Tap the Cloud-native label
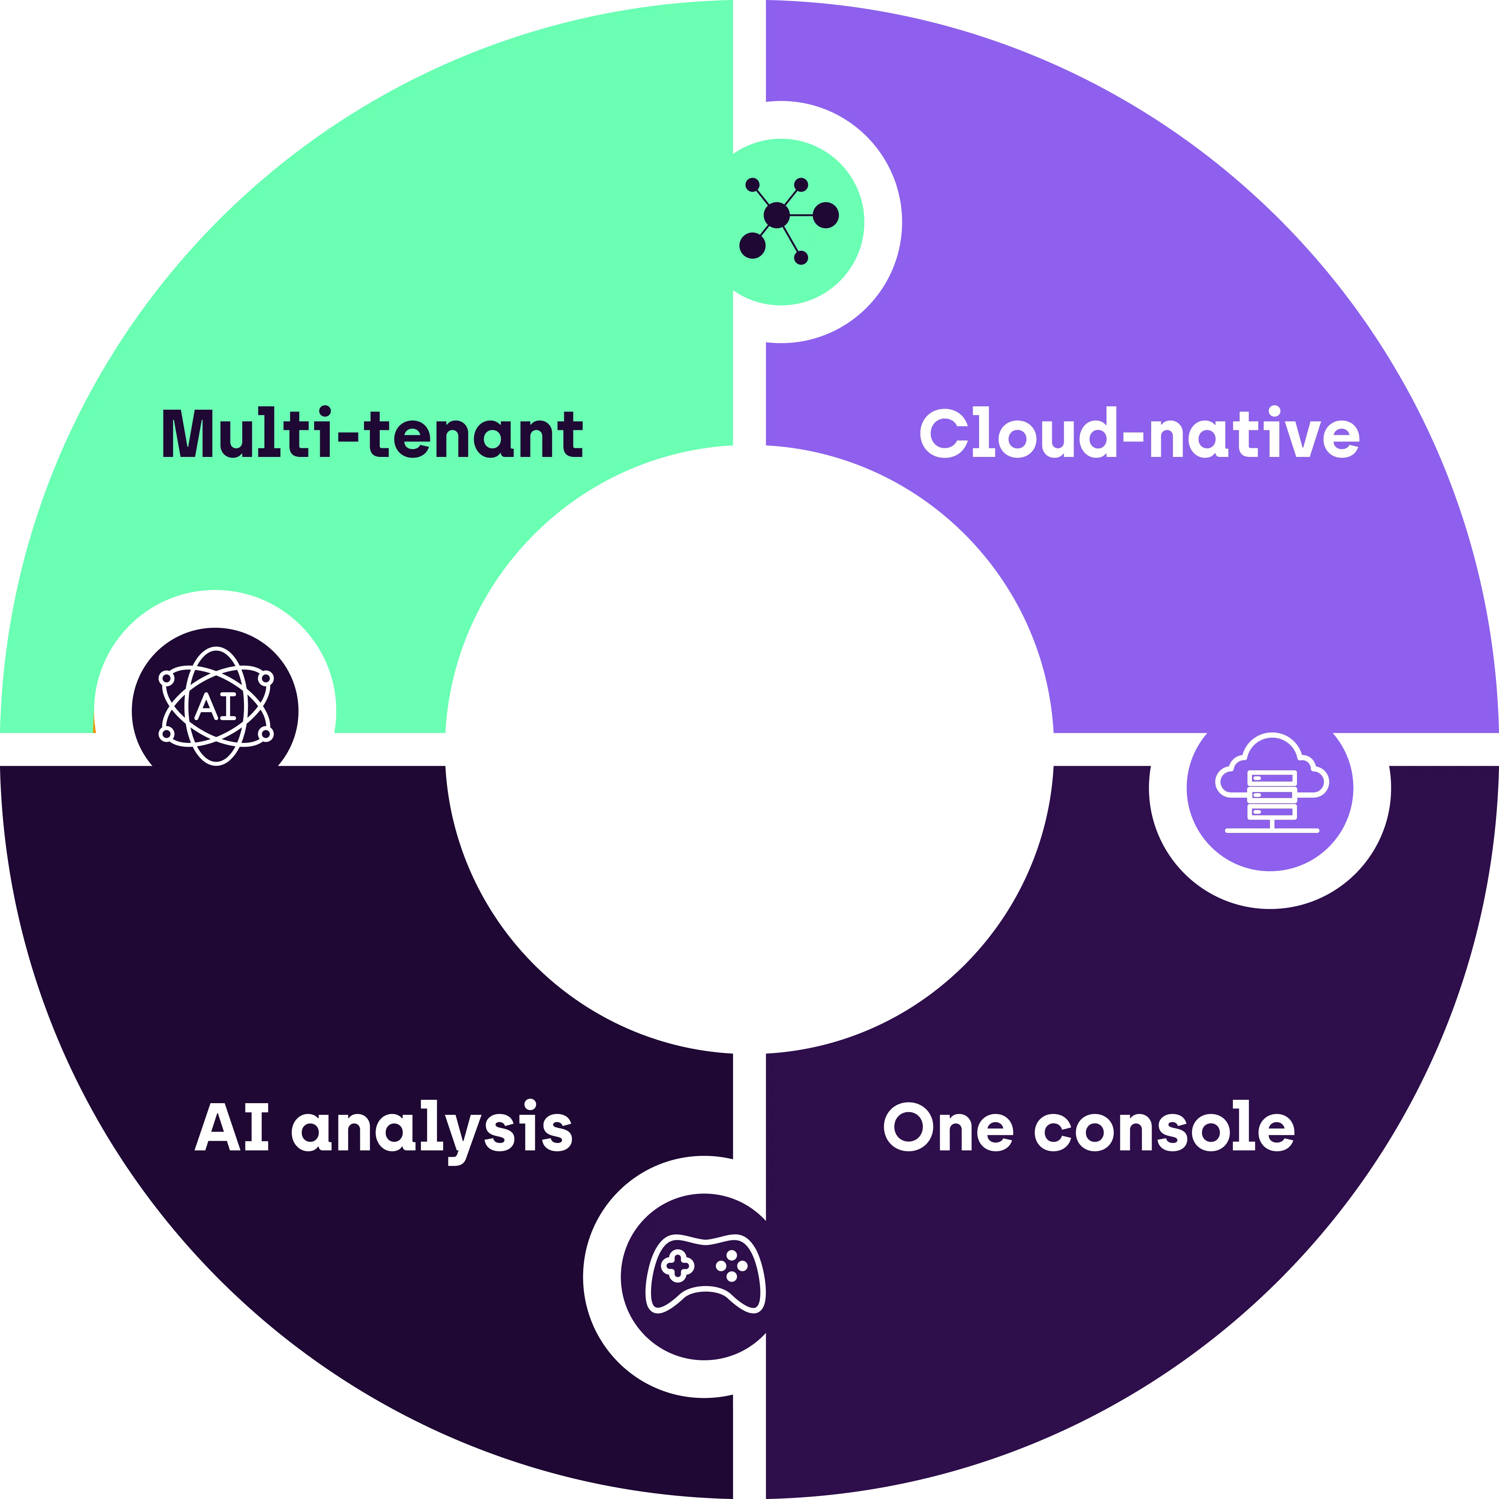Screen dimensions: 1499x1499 tap(1139, 434)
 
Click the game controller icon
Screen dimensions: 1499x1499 tap(705, 1273)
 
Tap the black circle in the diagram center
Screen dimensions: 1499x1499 tap(750, 750)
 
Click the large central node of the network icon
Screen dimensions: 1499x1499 tap(777, 215)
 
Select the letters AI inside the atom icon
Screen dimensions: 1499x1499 tap(216, 707)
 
